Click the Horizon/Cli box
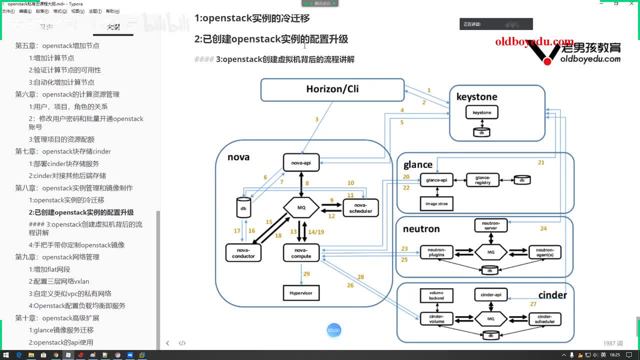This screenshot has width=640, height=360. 332,89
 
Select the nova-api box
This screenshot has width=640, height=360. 301,162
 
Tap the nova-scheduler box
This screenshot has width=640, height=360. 360,208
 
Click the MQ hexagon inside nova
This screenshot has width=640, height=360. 301,207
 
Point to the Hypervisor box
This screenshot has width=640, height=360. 301,292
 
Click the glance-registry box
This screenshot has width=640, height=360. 483,180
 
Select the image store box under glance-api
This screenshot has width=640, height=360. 436,203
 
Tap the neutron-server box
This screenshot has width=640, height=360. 490,225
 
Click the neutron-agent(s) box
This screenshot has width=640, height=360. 544,252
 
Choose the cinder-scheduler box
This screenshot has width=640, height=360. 544,319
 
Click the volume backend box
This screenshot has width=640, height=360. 436,295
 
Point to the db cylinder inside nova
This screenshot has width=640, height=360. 243,207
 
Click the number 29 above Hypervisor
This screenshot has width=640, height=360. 306,274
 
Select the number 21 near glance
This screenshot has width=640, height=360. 541,162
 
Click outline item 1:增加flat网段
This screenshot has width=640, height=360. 49,269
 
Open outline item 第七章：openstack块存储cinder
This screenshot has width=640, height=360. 63,151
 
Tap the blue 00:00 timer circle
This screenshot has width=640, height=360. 333,330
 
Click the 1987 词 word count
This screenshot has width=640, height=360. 613,343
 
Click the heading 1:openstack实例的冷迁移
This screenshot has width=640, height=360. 252,18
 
